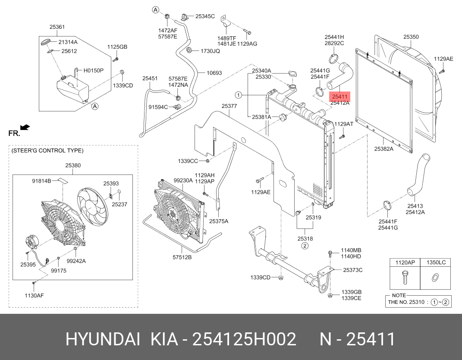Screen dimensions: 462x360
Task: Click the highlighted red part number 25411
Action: point(339,96)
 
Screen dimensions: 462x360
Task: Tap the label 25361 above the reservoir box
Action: point(57,27)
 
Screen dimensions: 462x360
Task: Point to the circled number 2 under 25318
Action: point(305,246)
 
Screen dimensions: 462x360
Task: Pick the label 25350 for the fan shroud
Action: point(411,37)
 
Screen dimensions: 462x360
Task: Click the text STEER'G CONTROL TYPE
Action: point(47,151)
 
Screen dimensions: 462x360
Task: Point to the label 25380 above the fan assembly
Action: point(72,165)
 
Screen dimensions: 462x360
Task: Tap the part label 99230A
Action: point(183,180)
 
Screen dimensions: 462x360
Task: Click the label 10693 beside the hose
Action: point(214,73)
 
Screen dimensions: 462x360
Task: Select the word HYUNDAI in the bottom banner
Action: point(103,340)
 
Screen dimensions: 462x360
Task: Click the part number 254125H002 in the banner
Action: point(244,340)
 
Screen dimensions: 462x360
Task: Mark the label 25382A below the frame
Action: point(383,149)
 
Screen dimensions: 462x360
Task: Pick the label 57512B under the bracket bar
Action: point(182,257)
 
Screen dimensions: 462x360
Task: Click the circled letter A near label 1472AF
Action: point(156,9)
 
